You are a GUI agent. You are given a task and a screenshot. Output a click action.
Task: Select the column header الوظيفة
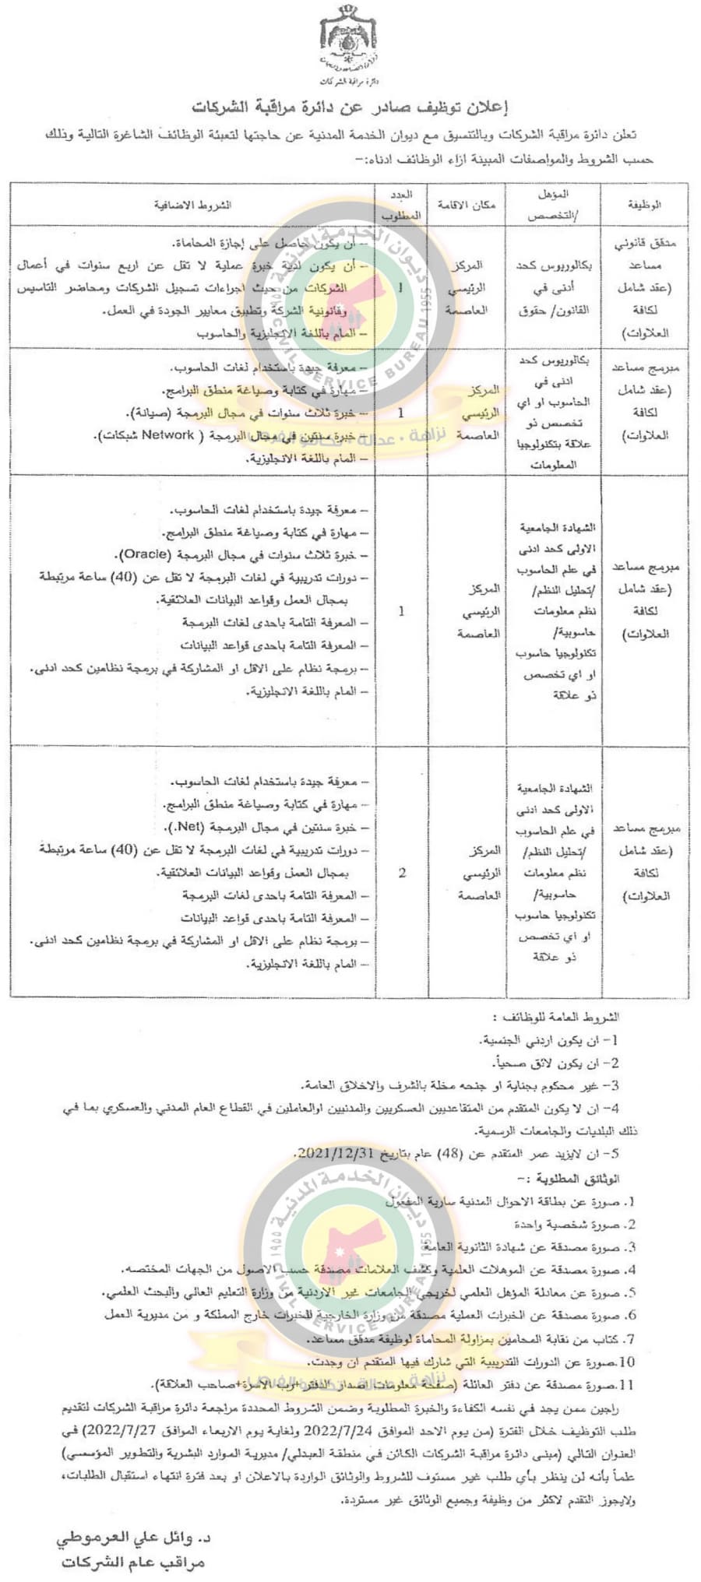[644, 205]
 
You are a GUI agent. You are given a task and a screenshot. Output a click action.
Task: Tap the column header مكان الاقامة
[466, 205]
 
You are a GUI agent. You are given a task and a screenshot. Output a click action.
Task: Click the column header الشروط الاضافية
[192, 205]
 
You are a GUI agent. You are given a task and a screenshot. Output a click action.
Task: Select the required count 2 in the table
[402, 873]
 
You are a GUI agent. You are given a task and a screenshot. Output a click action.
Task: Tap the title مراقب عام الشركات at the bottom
[132, 1563]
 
